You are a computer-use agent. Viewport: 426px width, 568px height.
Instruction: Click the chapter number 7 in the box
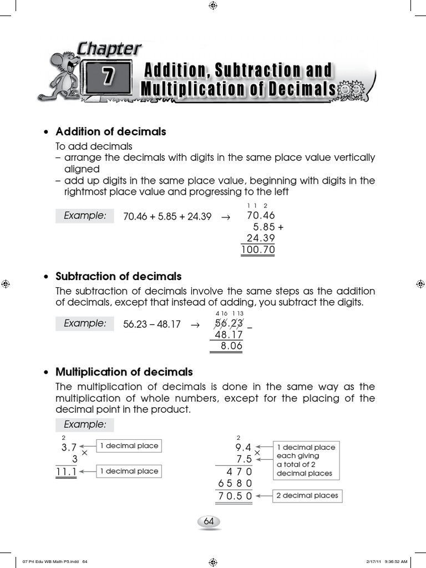pos(108,78)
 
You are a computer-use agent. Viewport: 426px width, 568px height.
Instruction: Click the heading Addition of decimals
pos(111,132)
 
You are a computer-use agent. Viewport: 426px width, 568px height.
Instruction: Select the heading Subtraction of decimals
pos(119,276)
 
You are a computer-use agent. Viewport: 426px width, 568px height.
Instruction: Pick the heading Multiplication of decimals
pos(124,372)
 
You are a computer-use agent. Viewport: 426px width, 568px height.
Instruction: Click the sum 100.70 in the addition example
pos(258,250)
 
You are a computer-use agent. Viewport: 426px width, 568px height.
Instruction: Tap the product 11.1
pos(66,471)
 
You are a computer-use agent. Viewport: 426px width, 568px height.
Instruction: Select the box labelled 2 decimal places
pos(307,496)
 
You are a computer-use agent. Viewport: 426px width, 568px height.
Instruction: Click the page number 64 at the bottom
pos(209,521)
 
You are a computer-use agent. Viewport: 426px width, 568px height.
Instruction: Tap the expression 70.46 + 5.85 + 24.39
pos(167,217)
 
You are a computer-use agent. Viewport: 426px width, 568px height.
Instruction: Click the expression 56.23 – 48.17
pos(152,324)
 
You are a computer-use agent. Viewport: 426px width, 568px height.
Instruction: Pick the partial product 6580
pos(235,483)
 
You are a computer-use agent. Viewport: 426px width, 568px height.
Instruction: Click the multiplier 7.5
pos(244,459)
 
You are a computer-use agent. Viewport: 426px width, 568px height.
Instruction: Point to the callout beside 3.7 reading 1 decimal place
pos(129,446)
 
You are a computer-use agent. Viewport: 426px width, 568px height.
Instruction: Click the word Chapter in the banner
pos(109,49)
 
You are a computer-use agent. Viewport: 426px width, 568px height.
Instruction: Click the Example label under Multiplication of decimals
pos(84,425)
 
